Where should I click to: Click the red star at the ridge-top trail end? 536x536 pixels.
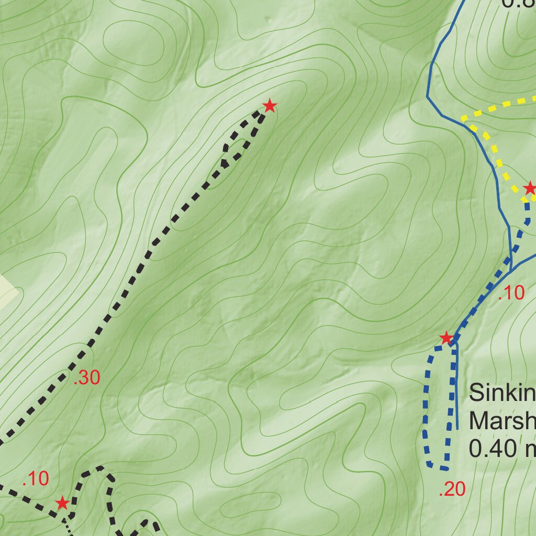point(269,106)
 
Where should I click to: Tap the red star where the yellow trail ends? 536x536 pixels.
point(530,188)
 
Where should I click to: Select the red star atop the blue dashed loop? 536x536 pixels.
point(445,338)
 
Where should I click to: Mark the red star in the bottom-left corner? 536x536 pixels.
point(62,504)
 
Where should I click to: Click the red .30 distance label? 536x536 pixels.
point(87,378)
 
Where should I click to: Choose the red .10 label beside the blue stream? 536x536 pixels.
point(511,294)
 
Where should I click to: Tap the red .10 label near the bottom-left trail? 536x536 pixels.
point(36,478)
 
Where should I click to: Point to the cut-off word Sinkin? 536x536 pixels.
point(501,393)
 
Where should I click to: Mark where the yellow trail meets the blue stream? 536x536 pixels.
point(463,120)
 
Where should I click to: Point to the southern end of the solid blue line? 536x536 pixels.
point(457,428)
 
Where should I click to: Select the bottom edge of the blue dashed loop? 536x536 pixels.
point(438,466)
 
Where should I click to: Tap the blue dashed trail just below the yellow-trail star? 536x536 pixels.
point(527,212)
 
